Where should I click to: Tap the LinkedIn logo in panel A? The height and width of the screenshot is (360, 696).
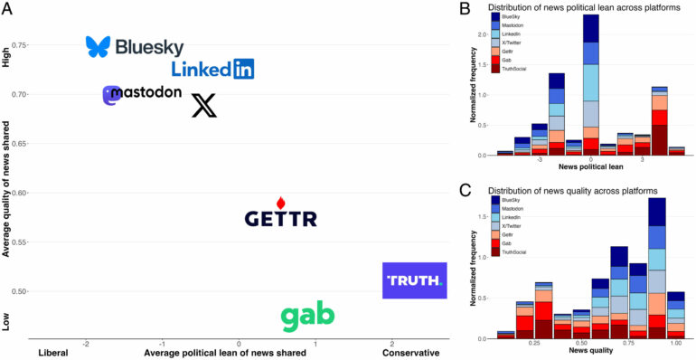coord(212,69)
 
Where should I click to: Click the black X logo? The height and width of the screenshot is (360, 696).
coord(205,107)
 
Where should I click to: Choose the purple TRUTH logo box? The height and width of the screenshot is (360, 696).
coord(415,281)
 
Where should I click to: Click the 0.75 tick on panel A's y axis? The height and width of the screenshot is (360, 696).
coord(42,45)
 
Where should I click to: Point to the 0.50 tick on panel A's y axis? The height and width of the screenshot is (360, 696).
coord(42,291)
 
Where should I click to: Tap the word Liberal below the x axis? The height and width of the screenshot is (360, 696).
coord(54,353)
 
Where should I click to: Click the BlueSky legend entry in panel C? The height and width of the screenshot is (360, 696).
coord(511,200)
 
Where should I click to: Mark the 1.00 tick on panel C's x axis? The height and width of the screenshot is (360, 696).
coord(675,344)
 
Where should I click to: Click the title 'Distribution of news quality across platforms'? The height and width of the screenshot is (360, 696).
coord(571,190)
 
